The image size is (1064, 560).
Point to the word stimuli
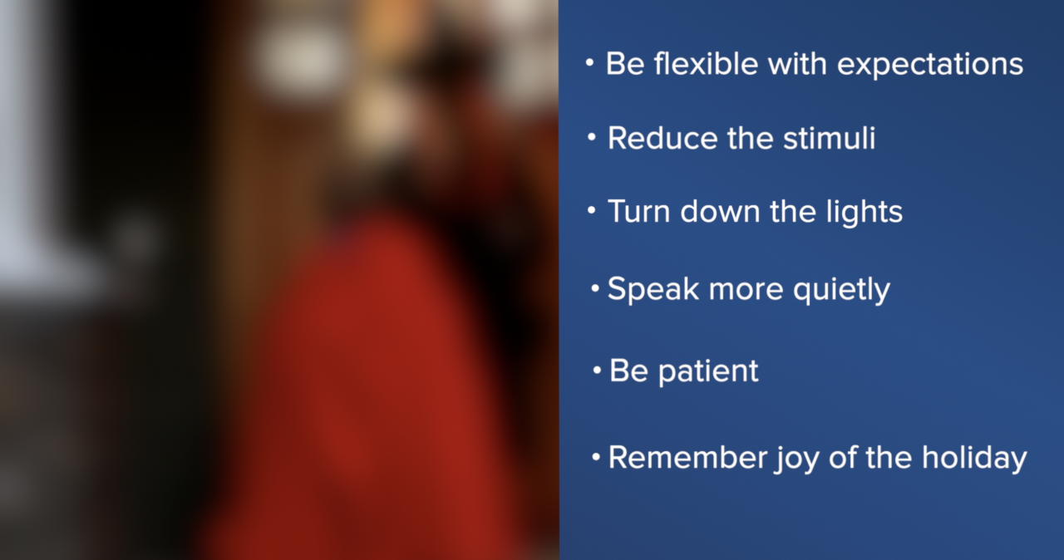829,138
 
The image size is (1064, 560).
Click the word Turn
640,211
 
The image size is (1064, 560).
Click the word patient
708,371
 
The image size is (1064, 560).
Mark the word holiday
974,458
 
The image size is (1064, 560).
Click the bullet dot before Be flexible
589,64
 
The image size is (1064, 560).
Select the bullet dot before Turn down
591,211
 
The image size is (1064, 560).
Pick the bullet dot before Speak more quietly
595,289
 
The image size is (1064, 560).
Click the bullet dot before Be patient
597,370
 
